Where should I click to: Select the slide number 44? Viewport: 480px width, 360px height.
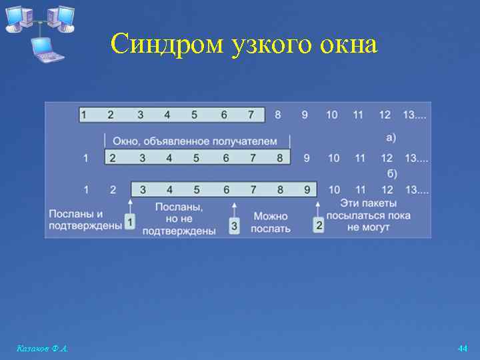coord(463,349)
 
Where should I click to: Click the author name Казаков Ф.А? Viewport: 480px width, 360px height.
coord(41,349)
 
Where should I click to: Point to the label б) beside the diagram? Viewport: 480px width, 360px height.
coord(392,174)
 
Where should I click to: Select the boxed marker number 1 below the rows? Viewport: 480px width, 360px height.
coord(131,221)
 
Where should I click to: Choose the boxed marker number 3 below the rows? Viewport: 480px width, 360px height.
coord(234,226)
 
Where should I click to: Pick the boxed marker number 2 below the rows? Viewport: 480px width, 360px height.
coord(319,226)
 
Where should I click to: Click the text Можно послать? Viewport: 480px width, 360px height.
coord(271,223)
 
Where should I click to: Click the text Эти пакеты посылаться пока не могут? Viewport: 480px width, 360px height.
coord(369,215)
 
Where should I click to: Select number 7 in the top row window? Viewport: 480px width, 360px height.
coord(251,115)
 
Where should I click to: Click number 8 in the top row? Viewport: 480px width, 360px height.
coord(278,115)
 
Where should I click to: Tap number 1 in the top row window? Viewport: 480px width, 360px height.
coord(84,115)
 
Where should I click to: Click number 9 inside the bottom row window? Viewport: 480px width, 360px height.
coord(307,190)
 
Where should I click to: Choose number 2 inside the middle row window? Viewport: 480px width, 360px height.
coord(113,158)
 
